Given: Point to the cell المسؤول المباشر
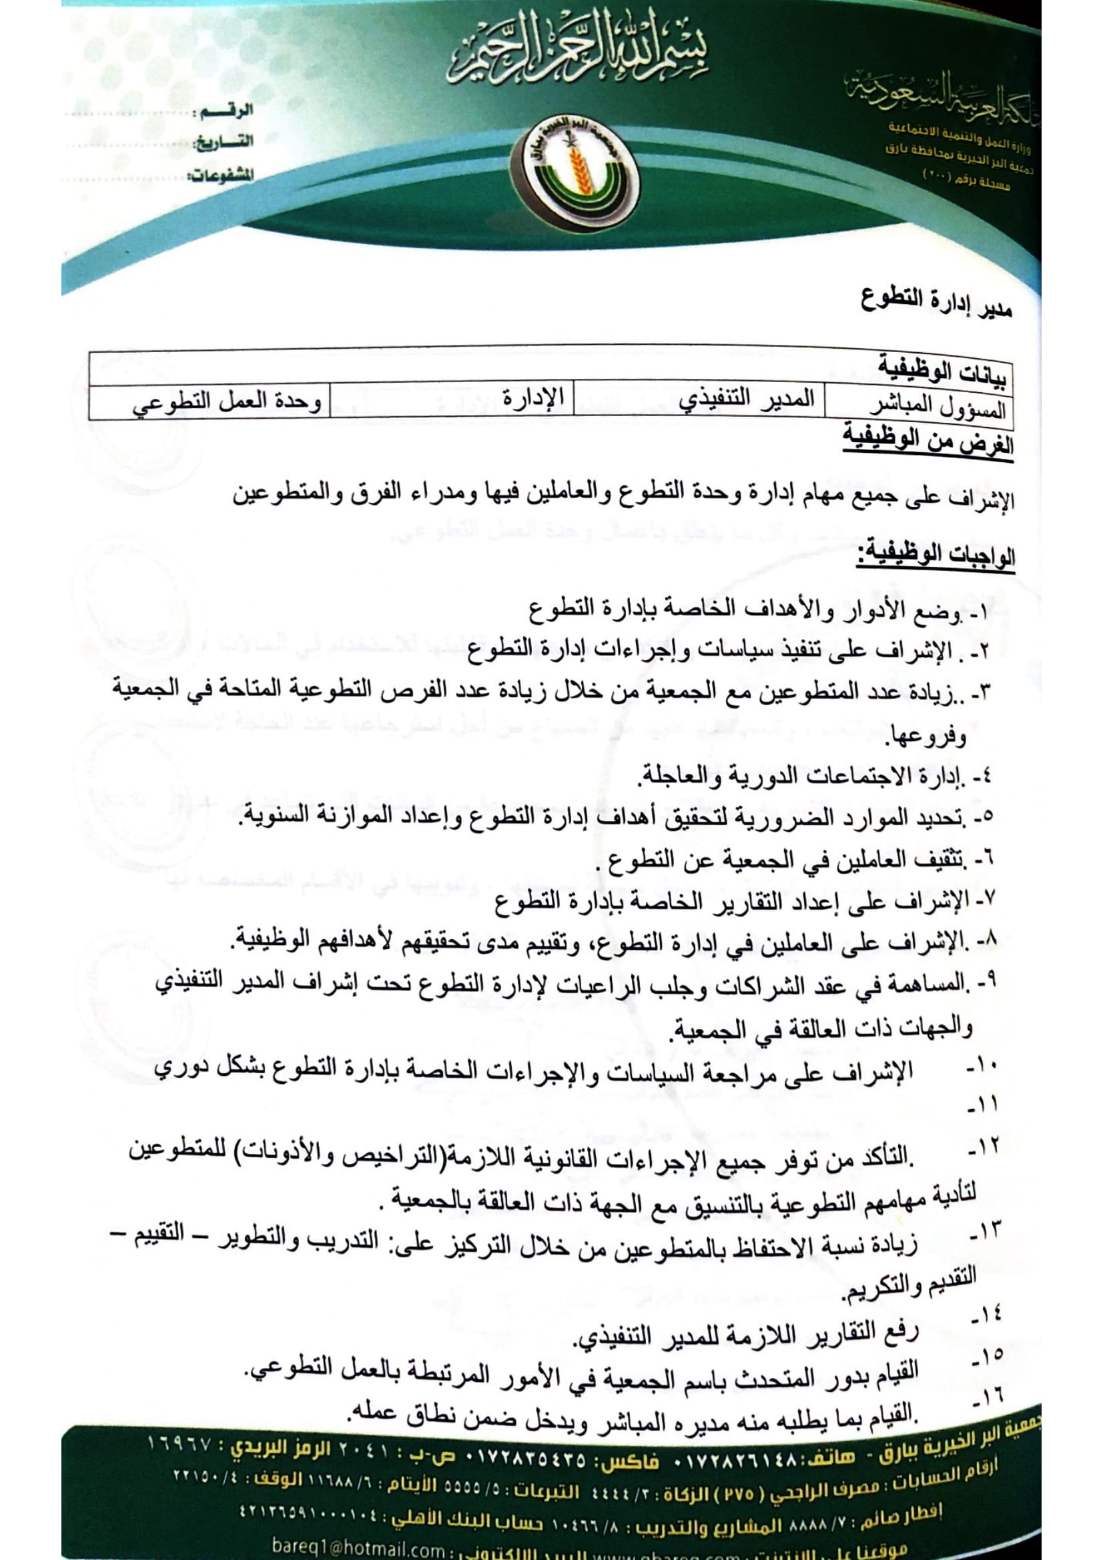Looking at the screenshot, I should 938,407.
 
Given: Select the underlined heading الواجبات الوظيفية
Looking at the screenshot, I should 936,555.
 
